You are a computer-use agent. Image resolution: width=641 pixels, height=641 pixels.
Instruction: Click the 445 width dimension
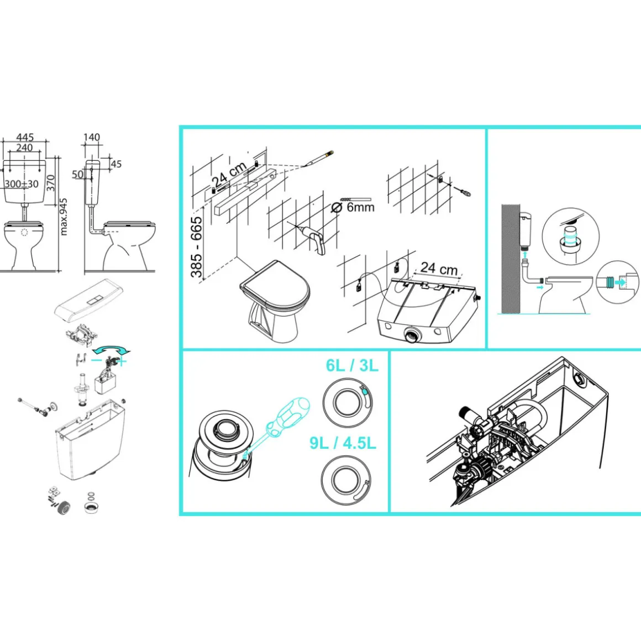pyautogui.click(x=24, y=138)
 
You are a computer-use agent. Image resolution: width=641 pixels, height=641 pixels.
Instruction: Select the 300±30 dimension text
pyautogui.click(x=22, y=184)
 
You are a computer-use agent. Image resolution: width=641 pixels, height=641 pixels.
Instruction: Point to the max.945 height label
pyautogui.click(x=64, y=217)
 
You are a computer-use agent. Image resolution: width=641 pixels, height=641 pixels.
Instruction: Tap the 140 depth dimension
pyautogui.click(x=92, y=138)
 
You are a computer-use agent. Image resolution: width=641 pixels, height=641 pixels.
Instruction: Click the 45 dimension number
pyautogui.click(x=116, y=164)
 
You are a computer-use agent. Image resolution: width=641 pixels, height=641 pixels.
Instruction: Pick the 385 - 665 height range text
pyautogui.click(x=197, y=246)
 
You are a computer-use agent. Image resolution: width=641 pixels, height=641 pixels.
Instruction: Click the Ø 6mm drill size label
pyautogui.click(x=353, y=207)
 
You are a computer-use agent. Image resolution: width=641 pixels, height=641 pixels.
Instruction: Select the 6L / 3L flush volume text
pyautogui.click(x=352, y=365)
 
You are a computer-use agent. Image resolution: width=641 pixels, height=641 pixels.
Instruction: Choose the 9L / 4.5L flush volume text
pyautogui.click(x=343, y=443)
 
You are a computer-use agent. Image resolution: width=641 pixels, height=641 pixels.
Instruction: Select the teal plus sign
pyautogui.click(x=122, y=361)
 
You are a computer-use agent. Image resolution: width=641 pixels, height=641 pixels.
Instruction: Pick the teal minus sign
pyautogui.click(x=97, y=360)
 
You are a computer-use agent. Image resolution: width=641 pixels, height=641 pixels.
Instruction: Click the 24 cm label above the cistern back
pyautogui.click(x=439, y=268)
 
